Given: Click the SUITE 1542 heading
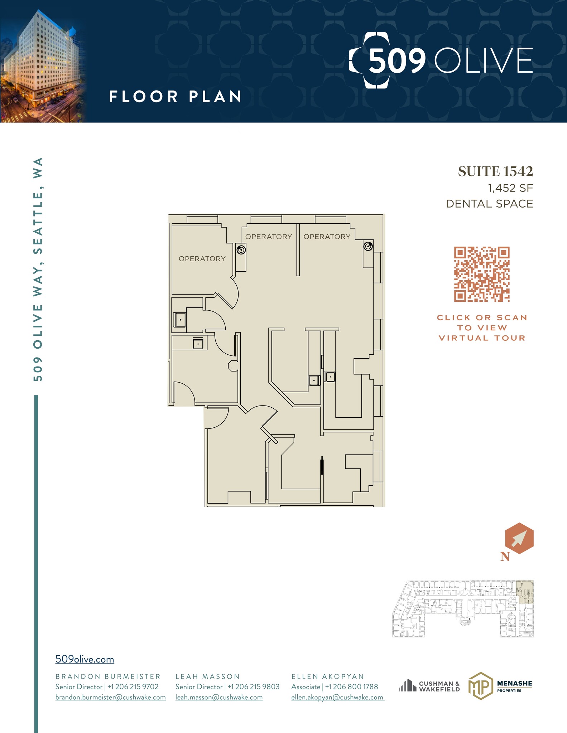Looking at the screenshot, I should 495,172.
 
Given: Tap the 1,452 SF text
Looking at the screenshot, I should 510,188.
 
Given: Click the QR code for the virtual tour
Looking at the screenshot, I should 482,274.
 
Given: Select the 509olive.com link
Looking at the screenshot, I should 85,659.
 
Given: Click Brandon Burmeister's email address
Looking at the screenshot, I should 110,697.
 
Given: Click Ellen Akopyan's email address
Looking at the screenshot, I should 337,697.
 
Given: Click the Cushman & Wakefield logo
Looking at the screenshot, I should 429,686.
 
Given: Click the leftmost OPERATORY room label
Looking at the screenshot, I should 202,259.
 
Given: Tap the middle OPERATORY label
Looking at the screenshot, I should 269,237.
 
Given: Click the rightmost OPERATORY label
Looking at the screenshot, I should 327,237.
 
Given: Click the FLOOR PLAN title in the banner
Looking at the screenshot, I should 175,97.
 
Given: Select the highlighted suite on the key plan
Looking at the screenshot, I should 525,592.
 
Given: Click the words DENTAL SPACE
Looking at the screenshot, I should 489,204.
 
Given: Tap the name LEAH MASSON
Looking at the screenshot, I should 207,676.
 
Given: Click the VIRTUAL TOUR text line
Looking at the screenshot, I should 482,338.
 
